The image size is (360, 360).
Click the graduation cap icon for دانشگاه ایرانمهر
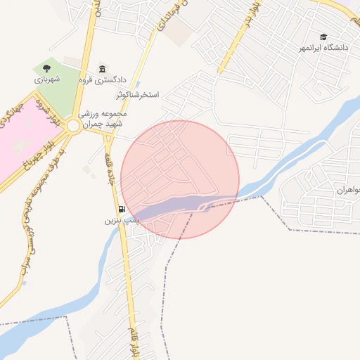pos(323,37)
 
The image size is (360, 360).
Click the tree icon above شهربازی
pos(46,68)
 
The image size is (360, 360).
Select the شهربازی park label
pos(47,79)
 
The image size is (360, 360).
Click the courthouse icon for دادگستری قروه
pos(103,69)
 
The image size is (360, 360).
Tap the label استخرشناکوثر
pos(138,94)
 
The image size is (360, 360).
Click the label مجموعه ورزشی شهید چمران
pos(102,118)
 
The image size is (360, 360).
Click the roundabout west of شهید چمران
pos(73,126)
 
